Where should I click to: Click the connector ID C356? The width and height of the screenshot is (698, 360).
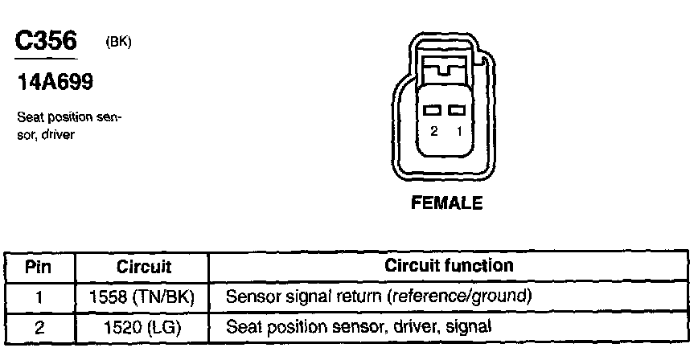point(46,41)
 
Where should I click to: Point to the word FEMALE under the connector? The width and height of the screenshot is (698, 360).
point(446,203)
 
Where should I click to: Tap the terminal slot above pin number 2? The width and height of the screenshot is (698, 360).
point(433,109)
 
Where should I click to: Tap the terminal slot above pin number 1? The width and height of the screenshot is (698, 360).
point(458,109)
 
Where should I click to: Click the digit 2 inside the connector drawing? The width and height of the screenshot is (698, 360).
point(433,131)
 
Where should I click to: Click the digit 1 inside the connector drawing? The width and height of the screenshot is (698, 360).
point(459,131)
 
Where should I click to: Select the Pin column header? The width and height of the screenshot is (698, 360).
point(39,266)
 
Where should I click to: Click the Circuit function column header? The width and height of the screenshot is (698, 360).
point(449,265)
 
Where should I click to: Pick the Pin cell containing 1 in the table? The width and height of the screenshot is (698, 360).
point(39,297)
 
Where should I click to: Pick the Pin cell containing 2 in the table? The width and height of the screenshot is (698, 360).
point(39,327)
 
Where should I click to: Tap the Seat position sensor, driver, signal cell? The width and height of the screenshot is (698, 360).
point(359,327)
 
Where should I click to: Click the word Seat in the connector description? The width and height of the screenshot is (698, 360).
point(29,117)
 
